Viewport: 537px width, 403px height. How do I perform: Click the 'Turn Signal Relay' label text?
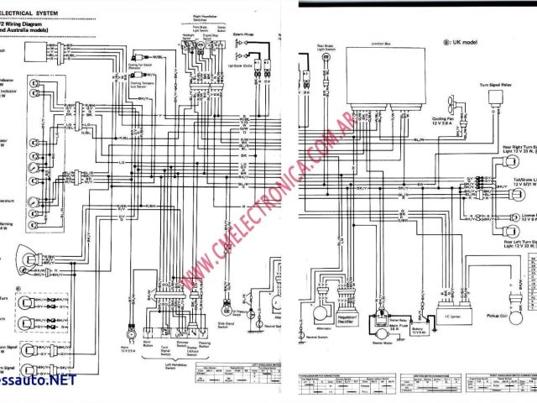(x=493, y=86)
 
